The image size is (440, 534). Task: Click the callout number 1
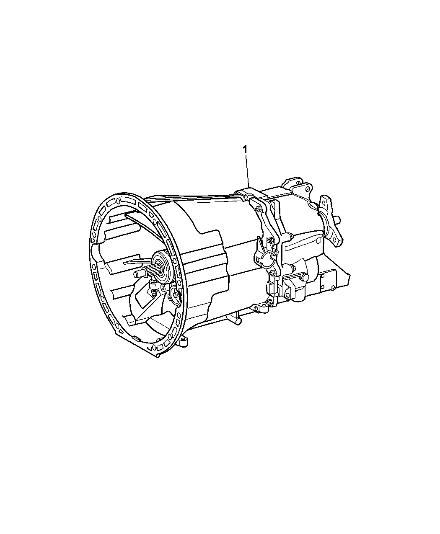[x=245, y=150]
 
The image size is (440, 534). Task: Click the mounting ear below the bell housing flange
[x=184, y=342]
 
